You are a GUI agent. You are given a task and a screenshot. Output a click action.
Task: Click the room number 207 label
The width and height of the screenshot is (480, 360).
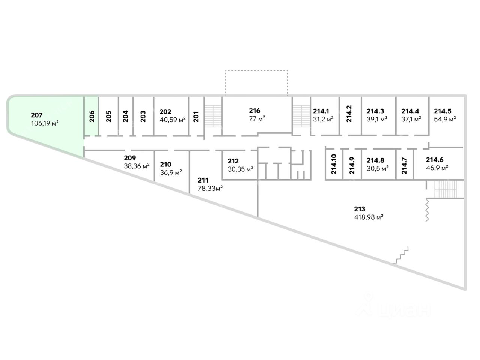pos(37,115)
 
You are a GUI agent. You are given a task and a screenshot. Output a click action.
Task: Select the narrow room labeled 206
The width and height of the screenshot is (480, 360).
pos(92,116)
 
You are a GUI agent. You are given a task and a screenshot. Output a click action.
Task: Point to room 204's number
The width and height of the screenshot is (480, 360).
pos(125,116)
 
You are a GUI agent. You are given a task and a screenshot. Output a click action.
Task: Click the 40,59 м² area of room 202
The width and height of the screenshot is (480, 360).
pos(172,120)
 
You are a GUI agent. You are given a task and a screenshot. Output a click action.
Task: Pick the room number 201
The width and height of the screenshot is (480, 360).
pos(196,116)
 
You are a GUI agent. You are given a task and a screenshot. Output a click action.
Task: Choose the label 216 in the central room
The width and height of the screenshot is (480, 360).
pos(255,111)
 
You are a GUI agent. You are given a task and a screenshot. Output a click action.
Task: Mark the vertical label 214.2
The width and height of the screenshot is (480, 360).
pos(349,114)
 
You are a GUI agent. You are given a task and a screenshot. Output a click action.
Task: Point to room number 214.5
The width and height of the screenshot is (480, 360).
pos(442,111)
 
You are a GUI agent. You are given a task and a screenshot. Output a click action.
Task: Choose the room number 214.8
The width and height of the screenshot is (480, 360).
pos(375,160)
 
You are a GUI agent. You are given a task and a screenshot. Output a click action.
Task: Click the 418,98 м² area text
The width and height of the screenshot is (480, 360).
pos(369,217)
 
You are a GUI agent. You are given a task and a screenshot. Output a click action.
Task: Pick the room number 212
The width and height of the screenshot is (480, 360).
pos(233,161)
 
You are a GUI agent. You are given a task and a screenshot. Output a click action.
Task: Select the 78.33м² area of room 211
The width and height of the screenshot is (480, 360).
pos(210,189)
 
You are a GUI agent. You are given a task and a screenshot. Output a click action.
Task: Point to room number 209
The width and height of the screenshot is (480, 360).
pos(130,158)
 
